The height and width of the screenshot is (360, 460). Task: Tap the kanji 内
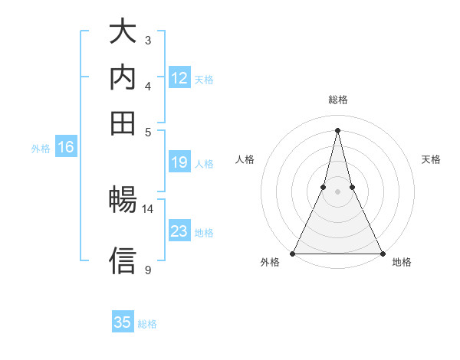[123, 77]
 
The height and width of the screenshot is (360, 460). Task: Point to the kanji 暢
[123, 201]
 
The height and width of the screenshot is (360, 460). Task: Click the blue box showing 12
[179, 78]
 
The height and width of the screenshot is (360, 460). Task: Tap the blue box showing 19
[179, 162]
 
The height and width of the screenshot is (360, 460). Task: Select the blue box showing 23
[179, 231]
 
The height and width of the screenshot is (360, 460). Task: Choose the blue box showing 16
[66, 148]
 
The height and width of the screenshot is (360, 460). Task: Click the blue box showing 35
[123, 322]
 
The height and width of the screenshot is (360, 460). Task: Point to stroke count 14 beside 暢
[147, 208]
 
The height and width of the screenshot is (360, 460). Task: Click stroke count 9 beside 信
[147, 270]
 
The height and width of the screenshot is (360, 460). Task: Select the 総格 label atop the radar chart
[338, 100]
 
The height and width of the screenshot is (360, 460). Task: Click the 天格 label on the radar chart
[432, 159]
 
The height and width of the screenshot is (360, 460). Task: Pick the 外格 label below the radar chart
[270, 263]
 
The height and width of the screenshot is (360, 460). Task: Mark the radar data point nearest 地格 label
[382, 253]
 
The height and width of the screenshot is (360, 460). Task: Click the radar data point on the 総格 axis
[337, 129]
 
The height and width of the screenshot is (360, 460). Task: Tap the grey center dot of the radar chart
[337, 191]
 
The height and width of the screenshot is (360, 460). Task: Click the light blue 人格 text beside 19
[204, 163]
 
